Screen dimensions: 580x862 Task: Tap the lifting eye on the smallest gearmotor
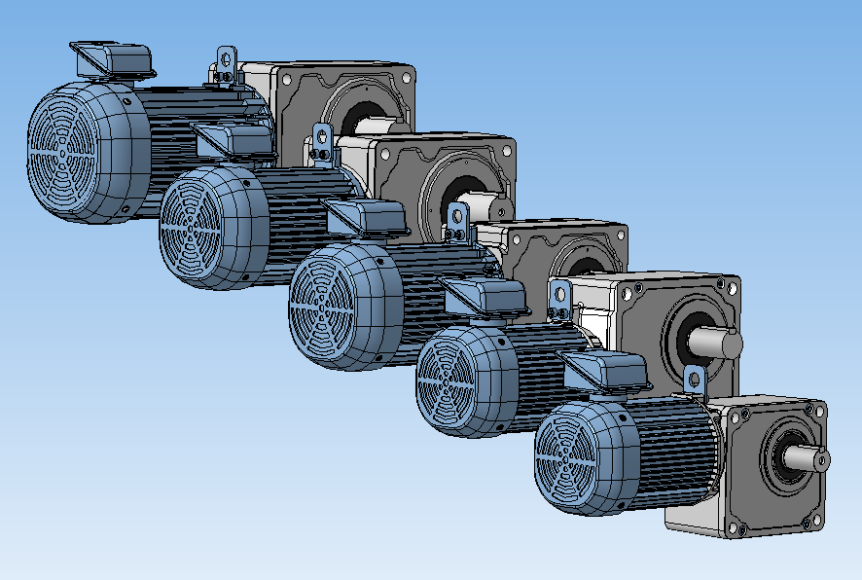[694, 381]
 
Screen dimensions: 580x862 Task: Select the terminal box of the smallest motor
[607, 372]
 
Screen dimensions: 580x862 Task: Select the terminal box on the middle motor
[367, 217]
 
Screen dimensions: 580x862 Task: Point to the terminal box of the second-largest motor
[233, 140]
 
